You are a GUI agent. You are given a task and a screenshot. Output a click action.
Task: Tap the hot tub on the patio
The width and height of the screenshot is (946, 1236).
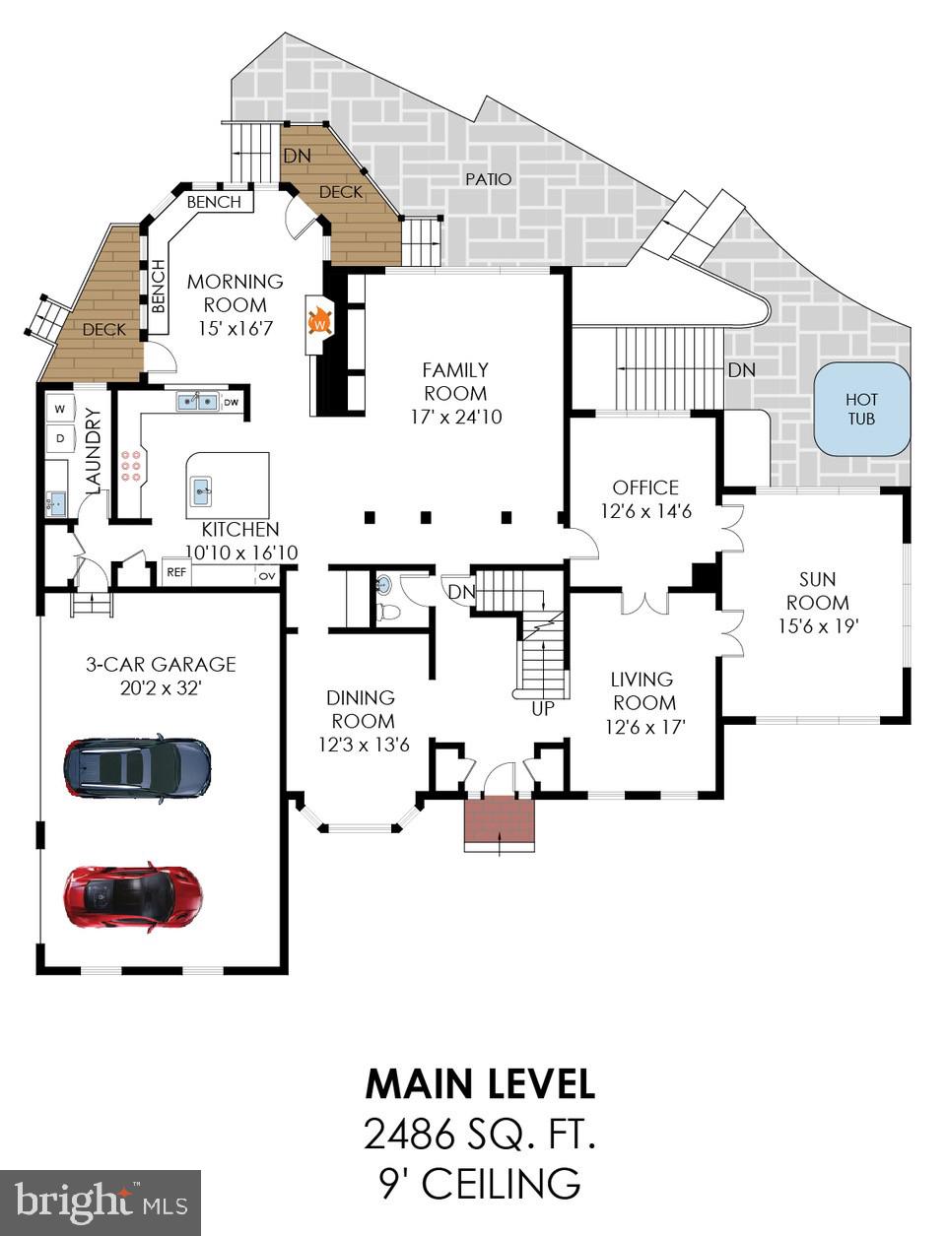coord(861,409)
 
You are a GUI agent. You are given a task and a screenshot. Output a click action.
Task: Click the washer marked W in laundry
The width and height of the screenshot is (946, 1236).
coord(60,408)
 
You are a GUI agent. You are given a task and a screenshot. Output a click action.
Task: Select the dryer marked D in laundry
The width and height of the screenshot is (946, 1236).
coord(60,436)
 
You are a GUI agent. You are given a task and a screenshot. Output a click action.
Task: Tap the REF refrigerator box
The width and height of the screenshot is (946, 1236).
coord(176,572)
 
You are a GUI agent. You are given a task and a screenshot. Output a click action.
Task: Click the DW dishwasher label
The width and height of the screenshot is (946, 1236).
coord(231,402)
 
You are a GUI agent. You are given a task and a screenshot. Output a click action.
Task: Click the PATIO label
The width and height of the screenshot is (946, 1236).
coord(489,178)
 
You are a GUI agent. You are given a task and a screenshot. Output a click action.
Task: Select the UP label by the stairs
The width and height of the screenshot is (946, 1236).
coord(543,708)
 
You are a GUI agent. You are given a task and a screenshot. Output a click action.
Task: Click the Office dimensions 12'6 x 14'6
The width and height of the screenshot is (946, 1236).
coord(645,511)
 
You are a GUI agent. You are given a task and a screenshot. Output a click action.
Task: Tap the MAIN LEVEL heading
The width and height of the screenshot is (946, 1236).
coord(480,1083)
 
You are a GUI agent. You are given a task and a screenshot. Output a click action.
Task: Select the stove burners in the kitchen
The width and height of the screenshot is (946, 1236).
coord(131,465)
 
